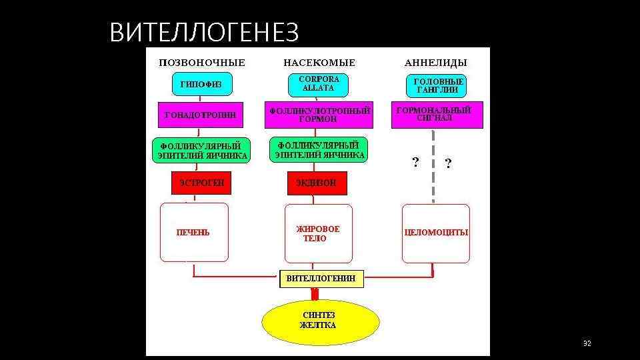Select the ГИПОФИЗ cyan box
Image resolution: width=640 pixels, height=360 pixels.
[201, 85]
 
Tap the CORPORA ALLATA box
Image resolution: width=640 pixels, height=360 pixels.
[319, 84]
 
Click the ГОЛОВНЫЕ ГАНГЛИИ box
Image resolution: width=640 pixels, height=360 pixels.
[435, 85]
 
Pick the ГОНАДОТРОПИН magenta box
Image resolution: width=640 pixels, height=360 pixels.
[200, 115]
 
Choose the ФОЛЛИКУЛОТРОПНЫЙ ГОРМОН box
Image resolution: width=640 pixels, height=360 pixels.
[319, 115]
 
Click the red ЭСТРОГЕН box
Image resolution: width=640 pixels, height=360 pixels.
[201, 182]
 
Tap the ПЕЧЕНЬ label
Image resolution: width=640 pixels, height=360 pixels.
[193, 233]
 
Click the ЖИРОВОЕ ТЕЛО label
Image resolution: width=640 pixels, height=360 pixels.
[318, 233]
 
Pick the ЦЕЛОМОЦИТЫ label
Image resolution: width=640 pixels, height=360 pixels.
[436, 233]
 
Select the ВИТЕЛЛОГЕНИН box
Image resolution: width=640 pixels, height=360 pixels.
[321, 278]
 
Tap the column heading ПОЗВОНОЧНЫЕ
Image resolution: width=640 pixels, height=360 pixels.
[201, 63]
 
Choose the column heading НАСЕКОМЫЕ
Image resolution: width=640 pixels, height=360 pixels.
[319, 63]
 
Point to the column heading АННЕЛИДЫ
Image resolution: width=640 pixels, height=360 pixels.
[436, 63]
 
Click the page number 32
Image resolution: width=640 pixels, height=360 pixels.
[587, 343]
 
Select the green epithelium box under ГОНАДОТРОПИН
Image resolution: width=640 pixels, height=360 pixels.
[201, 151]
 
